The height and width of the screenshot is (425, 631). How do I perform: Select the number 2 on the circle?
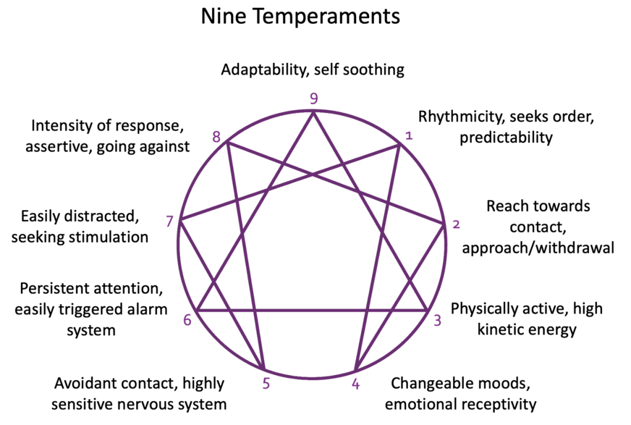455,225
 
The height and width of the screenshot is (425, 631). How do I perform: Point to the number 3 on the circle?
437,320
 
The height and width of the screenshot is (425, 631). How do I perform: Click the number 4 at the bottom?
356,384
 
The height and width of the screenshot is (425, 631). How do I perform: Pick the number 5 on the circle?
266,384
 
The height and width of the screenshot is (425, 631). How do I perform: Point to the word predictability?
506,137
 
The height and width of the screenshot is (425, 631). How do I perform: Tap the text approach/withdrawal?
538,248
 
